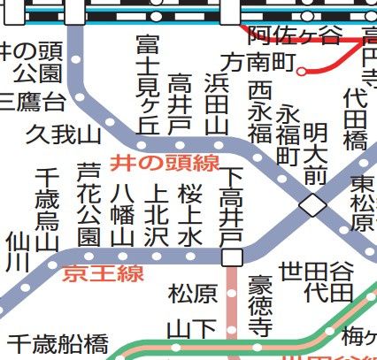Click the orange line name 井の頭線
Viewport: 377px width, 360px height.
click(x=164, y=163)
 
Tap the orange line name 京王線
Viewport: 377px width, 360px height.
click(x=104, y=273)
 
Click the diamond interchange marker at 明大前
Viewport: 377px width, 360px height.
click(x=312, y=206)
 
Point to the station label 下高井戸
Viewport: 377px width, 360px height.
click(x=232, y=208)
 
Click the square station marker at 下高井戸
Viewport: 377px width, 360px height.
click(x=232, y=257)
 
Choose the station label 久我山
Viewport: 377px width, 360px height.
click(x=64, y=134)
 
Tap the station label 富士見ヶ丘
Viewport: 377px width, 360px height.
click(x=149, y=84)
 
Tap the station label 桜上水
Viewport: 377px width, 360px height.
click(x=190, y=214)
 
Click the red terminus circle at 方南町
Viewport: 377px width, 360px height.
click(x=303, y=71)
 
